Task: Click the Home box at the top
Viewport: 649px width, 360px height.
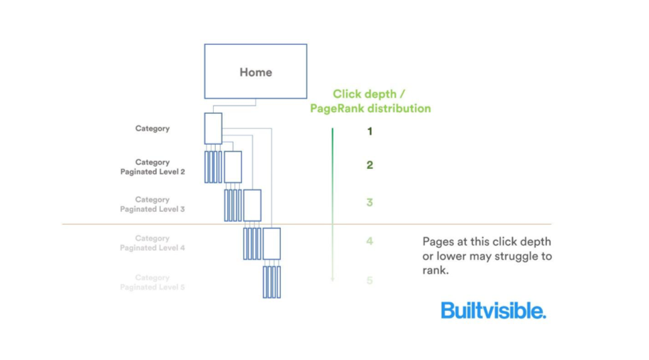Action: click(x=255, y=72)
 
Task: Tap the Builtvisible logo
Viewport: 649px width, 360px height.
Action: click(x=493, y=310)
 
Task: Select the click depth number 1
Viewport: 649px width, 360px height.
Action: click(x=369, y=131)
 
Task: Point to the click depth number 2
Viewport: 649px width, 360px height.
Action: click(x=369, y=165)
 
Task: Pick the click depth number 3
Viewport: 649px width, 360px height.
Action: click(x=369, y=202)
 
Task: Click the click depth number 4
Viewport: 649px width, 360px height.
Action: click(x=369, y=241)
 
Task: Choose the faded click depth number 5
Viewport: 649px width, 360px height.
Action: click(x=369, y=281)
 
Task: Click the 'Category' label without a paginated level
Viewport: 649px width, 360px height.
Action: click(x=152, y=128)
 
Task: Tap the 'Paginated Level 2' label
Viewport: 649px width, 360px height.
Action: click(x=152, y=172)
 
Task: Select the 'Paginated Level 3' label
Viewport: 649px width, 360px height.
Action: click(x=152, y=209)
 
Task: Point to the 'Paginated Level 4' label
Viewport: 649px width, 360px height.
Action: click(x=152, y=248)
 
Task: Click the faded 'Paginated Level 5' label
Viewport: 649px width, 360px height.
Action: click(x=152, y=287)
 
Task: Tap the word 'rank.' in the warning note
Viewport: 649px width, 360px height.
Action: click(x=435, y=270)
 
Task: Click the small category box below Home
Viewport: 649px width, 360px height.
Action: click(x=213, y=128)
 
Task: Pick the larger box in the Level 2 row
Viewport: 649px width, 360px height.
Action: click(x=233, y=167)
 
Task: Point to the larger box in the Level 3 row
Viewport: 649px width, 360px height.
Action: click(x=252, y=205)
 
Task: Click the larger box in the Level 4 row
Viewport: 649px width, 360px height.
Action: click(x=271, y=243)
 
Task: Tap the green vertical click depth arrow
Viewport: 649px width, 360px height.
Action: click(x=333, y=201)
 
